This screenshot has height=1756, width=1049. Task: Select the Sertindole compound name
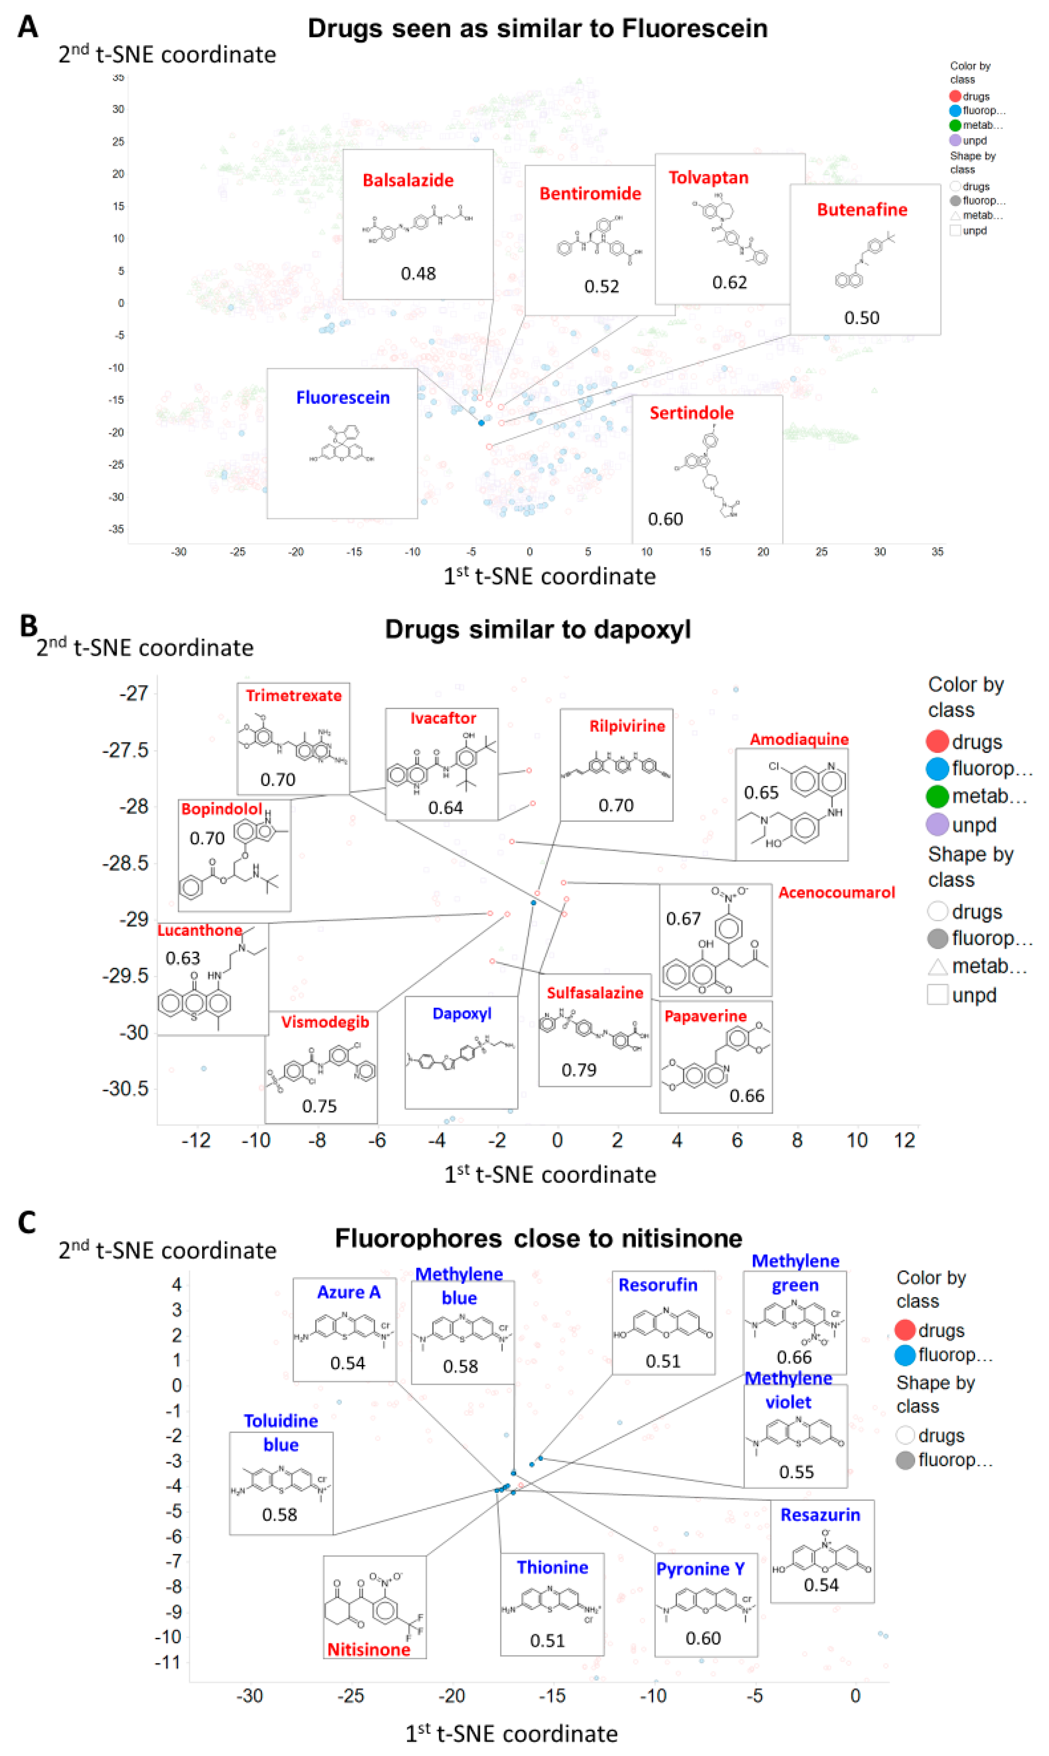(691, 413)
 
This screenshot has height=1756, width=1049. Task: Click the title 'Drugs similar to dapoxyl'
(537, 629)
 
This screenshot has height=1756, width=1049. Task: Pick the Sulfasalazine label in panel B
(594, 992)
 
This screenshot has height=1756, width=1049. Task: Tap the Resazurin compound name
(820, 1515)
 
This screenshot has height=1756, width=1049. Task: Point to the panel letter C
(27, 1223)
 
